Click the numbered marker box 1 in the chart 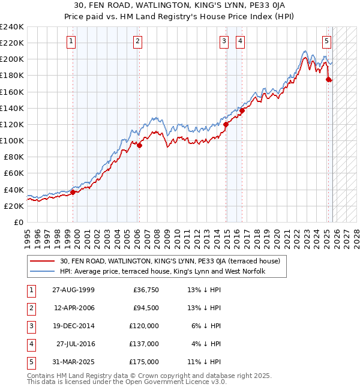tap(71, 41)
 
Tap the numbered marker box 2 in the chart tap(137, 41)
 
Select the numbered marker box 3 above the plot tap(224, 41)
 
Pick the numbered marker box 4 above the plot tap(240, 41)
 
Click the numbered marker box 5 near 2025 tap(326, 41)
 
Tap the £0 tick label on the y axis tap(18, 222)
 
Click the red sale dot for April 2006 tap(139, 145)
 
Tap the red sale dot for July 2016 tap(242, 110)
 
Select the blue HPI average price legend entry tap(162, 271)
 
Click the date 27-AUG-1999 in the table tap(73, 290)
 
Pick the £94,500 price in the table tap(146, 308)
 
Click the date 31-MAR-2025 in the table tap(73, 362)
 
